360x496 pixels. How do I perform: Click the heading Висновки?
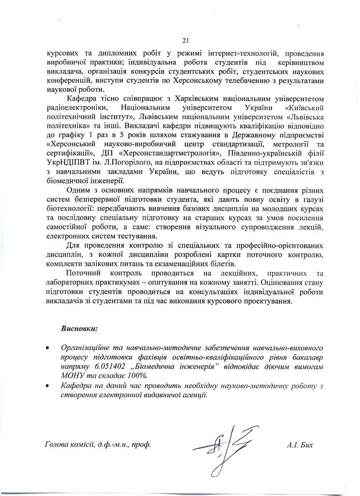[x=80, y=329]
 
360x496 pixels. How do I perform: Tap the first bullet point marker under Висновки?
[x=49, y=349]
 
